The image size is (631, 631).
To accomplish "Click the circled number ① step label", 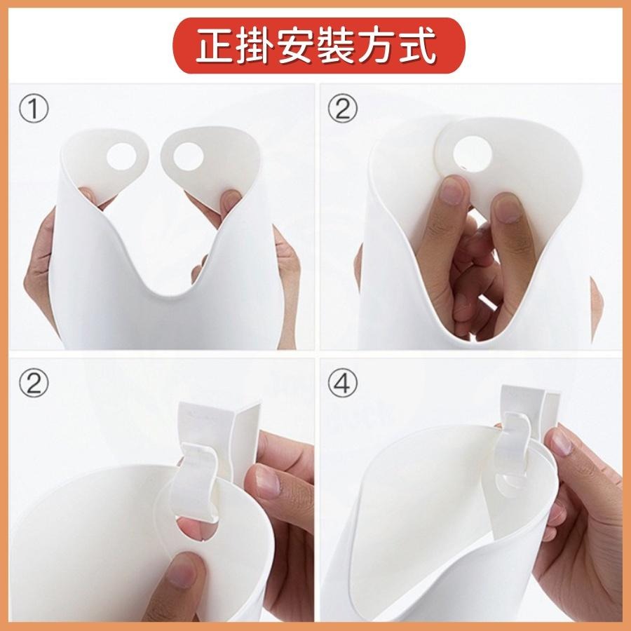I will click(34, 110).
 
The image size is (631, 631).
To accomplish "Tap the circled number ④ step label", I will click(343, 385).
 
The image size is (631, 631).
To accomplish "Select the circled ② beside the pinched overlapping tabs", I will click(343, 110).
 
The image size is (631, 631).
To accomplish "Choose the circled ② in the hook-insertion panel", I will click(34, 385).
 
